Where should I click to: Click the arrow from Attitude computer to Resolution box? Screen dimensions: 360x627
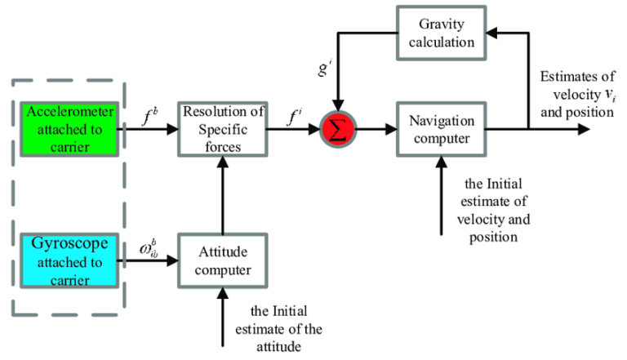click(221, 196)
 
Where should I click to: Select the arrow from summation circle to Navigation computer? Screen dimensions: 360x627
click(376, 129)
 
